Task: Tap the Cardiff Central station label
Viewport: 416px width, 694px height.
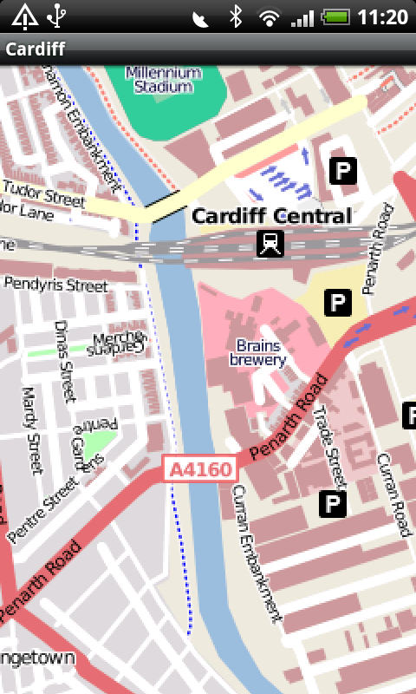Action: [271, 216]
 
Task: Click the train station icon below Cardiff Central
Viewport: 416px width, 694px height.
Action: [271, 245]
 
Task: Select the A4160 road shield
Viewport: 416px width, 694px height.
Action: [200, 470]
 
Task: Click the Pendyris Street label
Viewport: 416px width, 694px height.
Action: [55, 285]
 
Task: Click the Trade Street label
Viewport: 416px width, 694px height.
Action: [330, 446]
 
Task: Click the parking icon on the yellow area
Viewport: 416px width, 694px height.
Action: [336, 302]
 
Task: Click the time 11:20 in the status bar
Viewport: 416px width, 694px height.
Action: [381, 16]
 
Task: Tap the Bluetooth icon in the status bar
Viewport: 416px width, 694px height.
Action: [235, 16]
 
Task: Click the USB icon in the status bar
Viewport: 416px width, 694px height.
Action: [56, 16]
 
